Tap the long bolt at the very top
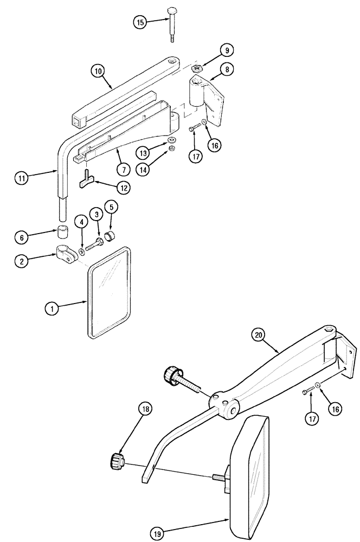click(171, 24)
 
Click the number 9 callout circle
click(226, 50)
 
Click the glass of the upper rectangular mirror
click(109, 293)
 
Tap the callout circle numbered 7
click(124, 170)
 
